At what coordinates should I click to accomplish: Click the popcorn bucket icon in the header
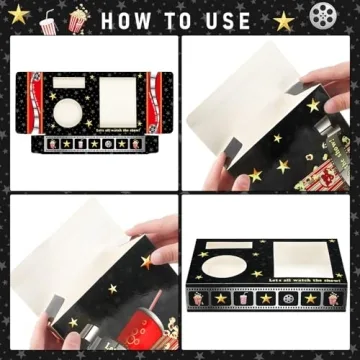click(x=75, y=19)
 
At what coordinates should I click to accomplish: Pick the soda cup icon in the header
click(x=46, y=18)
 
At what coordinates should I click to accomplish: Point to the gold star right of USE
click(x=284, y=20)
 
